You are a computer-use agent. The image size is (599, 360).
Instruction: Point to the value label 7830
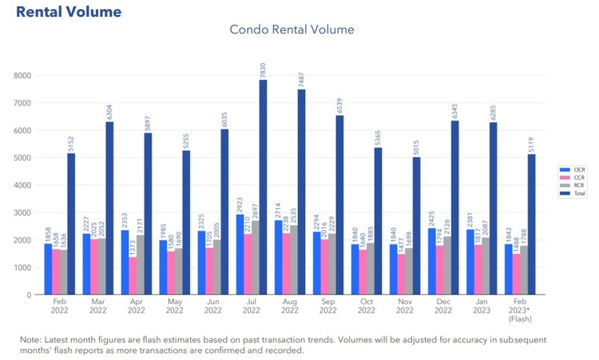[x=263, y=69]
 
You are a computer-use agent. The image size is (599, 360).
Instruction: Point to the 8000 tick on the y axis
[x=22, y=76]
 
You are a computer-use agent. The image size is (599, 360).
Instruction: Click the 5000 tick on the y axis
[x=22, y=158]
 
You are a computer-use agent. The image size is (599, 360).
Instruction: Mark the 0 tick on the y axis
[x=28, y=295]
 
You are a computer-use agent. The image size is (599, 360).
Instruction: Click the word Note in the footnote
[x=33, y=339]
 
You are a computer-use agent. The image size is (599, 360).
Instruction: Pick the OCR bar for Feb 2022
[x=48, y=269]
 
